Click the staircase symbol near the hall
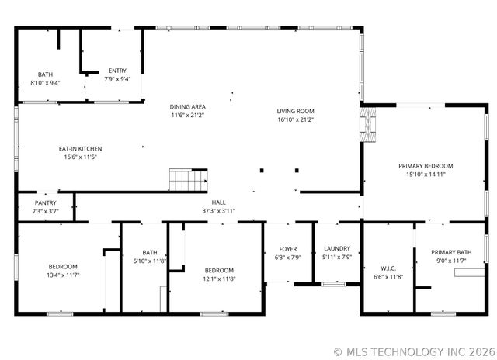click(189, 181)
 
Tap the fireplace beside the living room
click(369, 125)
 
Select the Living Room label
click(295, 111)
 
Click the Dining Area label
click(187, 106)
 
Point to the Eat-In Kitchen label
click(80, 148)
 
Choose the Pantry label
click(45, 202)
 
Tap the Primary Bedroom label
click(425, 166)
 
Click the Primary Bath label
click(451, 251)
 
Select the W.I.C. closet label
click(388, 268)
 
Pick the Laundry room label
click(337, 248)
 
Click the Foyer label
click(288, 248)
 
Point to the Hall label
click(218, 202)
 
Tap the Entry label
click(117, 71)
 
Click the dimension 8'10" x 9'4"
click(45, 82)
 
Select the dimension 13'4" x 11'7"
click(63, 275)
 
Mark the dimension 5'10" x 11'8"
click(149, 261)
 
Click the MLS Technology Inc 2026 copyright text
click(414, 351)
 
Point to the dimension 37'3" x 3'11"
click(218, 210)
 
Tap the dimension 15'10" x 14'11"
click(425, 175)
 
